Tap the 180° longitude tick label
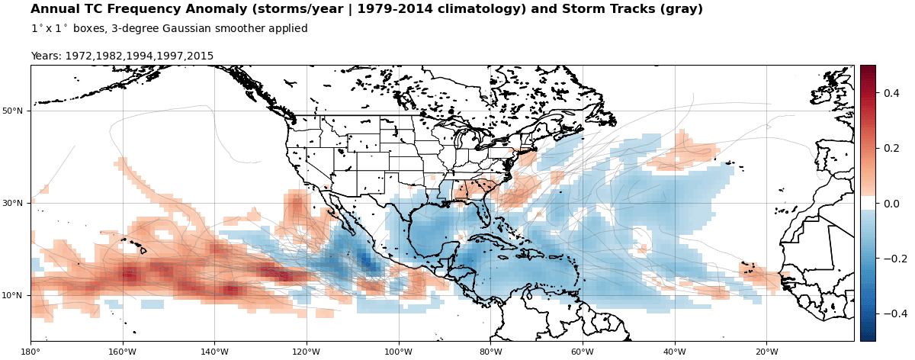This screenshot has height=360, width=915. tap(30, 352)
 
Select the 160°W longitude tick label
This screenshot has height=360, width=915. tap(123, 352)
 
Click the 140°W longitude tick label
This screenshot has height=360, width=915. tap(214, 352)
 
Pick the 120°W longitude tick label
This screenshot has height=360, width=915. tap(307, 352)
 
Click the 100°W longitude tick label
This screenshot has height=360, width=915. tap(398, 352)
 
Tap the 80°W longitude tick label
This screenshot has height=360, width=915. tap(490, 352)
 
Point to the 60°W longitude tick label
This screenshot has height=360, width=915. tap(583, 352)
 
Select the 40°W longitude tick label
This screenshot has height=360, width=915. tap(674, 352)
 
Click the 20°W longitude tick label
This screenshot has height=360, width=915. tap(766, 352)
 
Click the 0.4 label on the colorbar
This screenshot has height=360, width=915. tap(891, 93)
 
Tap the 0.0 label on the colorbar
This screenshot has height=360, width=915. tap(891, 204)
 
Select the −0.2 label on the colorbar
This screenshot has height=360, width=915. tap(888, 259)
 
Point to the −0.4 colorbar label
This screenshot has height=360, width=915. tap(888, 313)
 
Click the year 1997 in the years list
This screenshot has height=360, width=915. tap(169, 56)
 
